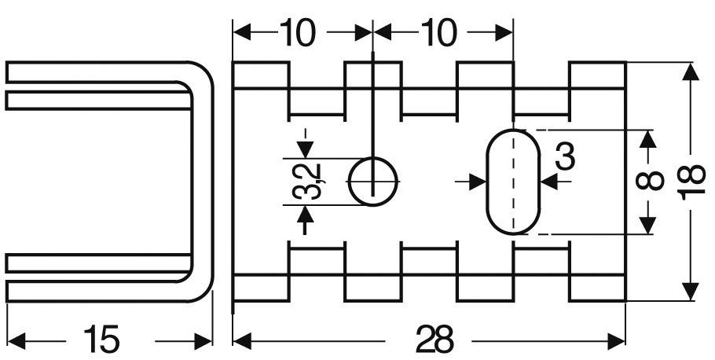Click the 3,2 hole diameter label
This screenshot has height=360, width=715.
(306, 182)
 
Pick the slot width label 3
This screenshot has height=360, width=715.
(564, 157)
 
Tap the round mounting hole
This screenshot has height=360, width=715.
(373, 182)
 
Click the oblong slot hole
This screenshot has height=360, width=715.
(514, 182)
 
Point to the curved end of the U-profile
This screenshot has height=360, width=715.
(202, 181)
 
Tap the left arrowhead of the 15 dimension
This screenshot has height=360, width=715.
(15, 340)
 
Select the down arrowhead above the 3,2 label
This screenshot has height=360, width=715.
(306, 150)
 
